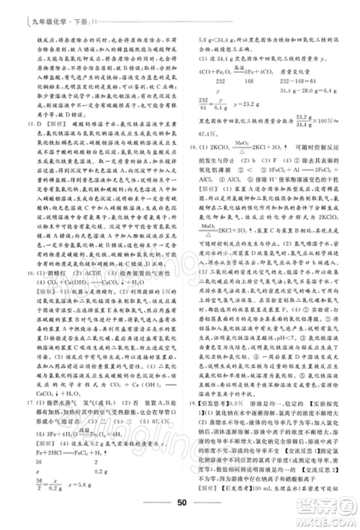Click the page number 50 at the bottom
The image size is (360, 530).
(181, 503)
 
